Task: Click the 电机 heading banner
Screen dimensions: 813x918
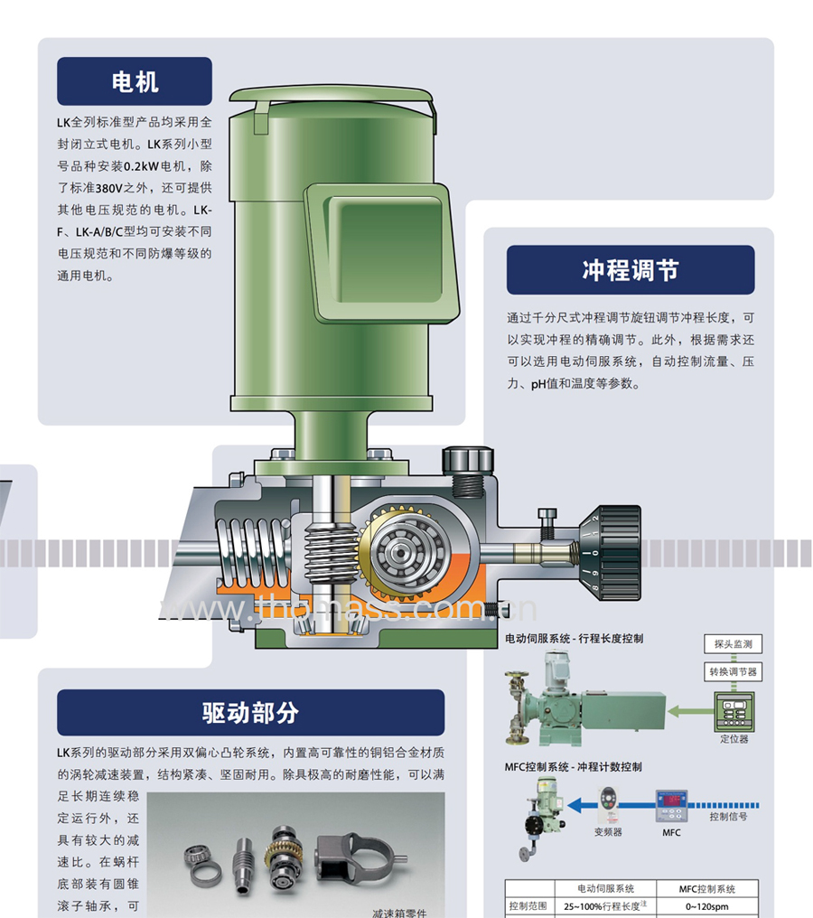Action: click(135, 81)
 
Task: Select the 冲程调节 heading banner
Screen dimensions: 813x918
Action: click(631, 270)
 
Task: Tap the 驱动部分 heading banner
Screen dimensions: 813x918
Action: click(250, 713)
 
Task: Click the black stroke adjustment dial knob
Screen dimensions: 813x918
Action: click(610, 553)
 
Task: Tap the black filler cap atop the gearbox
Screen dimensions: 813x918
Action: click(468, 462)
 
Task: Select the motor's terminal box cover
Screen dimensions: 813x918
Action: click(381, 253)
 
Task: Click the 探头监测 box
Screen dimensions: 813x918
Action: click(733, 644)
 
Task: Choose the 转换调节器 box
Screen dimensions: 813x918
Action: click(733, 671)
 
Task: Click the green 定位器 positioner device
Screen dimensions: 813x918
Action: click(734, 711)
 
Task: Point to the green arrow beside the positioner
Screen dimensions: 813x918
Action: click(691, 711)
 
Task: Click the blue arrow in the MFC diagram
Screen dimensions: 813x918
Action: click(612, 806)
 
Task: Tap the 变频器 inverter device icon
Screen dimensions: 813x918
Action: click(608, 805)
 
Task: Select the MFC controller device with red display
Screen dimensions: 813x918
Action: click(671, 807)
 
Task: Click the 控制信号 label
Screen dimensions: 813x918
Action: click(728, 817)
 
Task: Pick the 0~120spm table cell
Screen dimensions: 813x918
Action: click(707, 906)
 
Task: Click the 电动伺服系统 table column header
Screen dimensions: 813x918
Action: click(605, 889)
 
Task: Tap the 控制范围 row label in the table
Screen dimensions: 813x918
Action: click(528, 905)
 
